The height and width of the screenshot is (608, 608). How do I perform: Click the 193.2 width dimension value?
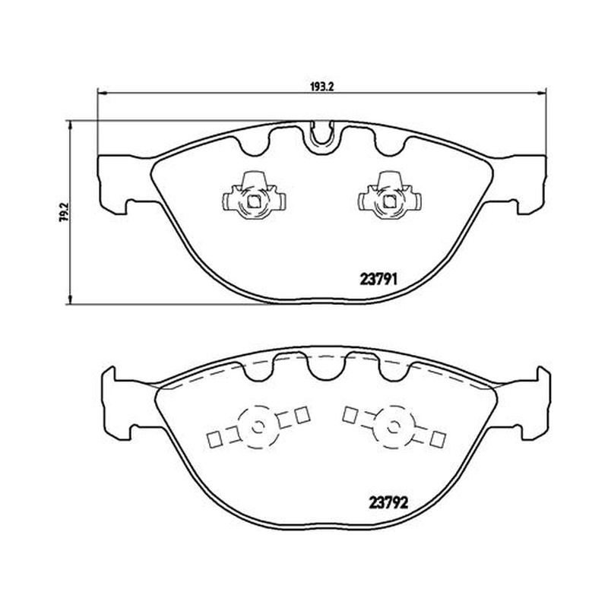[321, 87]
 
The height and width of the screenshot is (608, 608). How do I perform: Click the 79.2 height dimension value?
[64, 211]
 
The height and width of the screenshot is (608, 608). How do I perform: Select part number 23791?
[378, 279]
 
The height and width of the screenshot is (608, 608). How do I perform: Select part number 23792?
[388, 503]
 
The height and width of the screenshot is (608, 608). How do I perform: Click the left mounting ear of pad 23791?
[116, 184]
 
